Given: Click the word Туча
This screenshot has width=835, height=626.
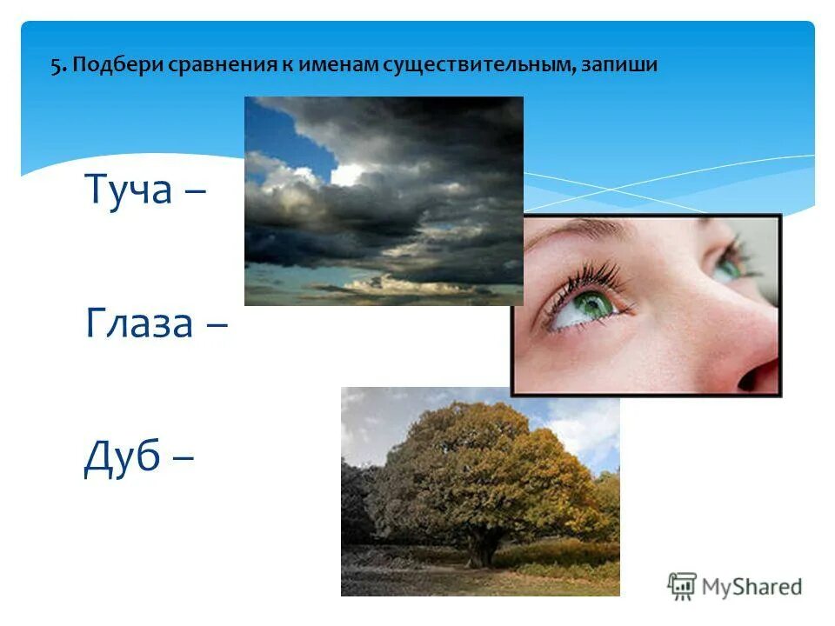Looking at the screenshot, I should pos(129,190).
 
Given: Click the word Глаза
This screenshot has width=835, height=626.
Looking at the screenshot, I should pos(140,324).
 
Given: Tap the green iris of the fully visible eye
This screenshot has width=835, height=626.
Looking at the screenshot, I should pos(594,303).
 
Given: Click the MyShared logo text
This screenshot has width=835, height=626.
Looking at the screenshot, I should pos(753,587).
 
